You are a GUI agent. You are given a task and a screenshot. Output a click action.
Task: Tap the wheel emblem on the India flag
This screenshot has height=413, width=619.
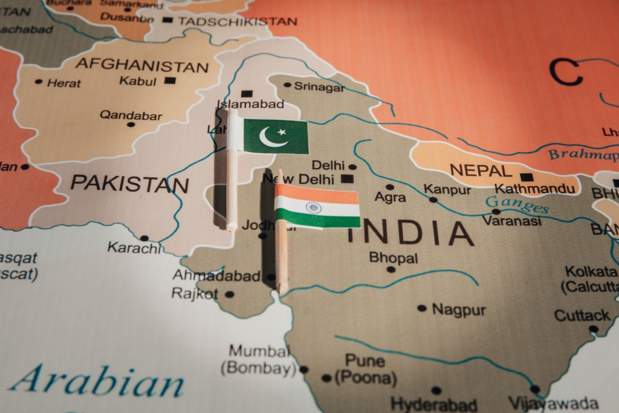313,207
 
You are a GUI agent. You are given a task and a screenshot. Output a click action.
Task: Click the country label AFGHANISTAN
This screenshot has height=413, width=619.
142,65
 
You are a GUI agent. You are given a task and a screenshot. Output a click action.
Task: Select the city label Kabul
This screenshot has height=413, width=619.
138,80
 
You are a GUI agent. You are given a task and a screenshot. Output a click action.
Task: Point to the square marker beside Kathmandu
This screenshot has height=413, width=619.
527,177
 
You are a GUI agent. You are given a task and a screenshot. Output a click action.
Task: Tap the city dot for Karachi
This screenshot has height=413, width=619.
144,238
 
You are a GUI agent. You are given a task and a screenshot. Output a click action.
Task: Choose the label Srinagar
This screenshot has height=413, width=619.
319,87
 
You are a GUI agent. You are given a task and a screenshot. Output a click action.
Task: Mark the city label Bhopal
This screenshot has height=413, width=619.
394,258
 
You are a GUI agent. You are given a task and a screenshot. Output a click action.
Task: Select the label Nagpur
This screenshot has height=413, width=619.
459,310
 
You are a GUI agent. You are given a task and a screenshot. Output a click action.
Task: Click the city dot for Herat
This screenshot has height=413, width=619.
39,82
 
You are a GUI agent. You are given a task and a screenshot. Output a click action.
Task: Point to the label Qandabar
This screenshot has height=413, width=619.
131,115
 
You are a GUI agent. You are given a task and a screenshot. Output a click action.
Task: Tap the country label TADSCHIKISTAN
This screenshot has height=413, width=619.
238,21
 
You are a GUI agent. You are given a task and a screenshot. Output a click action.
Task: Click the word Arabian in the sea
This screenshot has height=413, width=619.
97,380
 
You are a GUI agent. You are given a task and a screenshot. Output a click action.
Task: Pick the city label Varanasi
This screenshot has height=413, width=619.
511,221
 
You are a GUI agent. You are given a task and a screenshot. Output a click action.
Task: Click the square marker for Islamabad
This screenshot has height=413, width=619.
247,94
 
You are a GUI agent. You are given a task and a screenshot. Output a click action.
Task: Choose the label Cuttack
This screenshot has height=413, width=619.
582,315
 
